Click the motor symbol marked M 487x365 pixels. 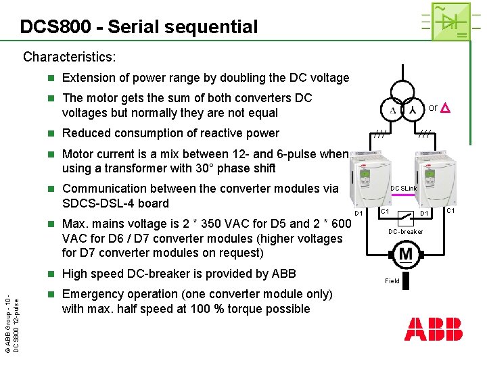pos(406,255)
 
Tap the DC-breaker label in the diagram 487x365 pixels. pos(405,232)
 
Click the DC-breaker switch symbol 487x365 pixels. pos(404,218)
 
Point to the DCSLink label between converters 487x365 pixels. pos(404,189)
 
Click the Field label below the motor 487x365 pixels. pos(392,281)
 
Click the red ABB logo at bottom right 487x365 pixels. pos(434,329)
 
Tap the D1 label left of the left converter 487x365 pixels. pos(359,214)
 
